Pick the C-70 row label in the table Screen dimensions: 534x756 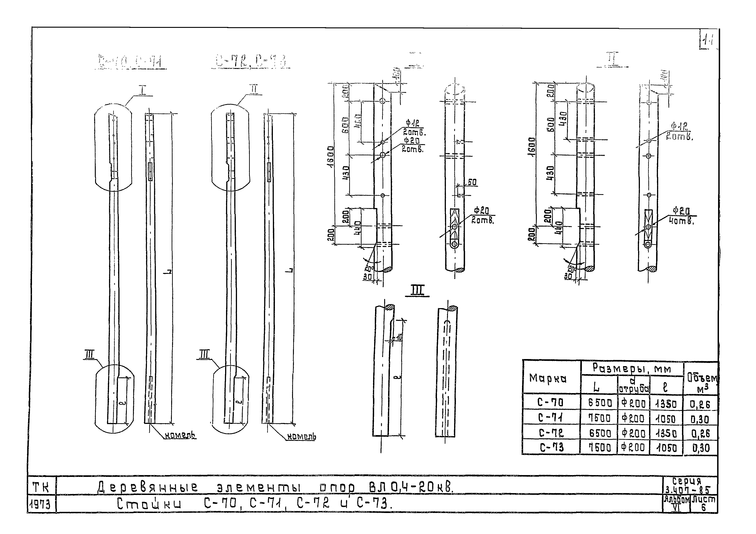[550, 402]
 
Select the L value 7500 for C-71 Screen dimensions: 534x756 [599, 418]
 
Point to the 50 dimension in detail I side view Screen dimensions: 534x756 [472, 182]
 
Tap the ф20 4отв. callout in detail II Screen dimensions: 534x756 [681, 216]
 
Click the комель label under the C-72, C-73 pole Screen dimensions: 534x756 [301, 437]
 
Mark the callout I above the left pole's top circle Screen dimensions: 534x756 [142, 90]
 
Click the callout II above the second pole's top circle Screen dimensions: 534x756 [253, 89]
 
